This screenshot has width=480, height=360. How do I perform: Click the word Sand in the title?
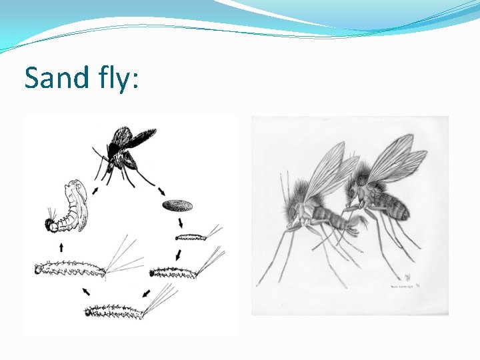(x=57, y=78)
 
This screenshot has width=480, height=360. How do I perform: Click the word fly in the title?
(x=117, y=79)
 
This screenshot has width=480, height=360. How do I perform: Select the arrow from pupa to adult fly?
(x=93, y=191)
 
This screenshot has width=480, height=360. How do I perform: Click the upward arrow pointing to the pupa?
(x=61, y=247)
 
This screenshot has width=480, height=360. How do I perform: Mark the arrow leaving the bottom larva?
(x=86, y=291)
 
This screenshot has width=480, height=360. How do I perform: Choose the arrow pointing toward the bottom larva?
(x=145, y=293)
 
